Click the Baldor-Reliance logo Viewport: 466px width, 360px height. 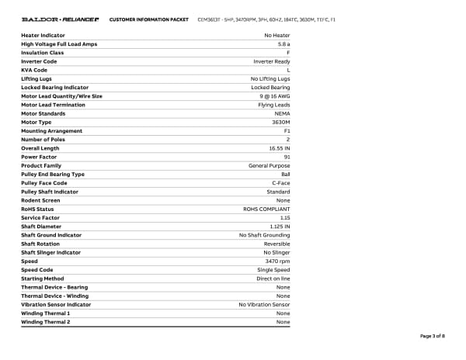point(58,19)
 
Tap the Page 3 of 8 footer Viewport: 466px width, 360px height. point(433,336)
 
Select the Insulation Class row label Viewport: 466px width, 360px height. point(42,53)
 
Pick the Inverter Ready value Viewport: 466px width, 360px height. point(272,61)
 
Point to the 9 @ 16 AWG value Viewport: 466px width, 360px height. point(274,96)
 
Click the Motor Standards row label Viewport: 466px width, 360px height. point(43,113)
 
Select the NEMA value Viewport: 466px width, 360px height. point(282,113)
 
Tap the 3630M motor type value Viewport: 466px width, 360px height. point(280,122)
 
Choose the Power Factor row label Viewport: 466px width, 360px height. point(39,157)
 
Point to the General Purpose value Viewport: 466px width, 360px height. point(269,165)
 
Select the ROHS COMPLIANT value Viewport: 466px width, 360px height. point(266,209)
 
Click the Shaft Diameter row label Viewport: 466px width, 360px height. point(41,227)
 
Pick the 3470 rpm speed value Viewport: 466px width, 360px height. point(277,261)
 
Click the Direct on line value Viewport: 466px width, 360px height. point(273,279)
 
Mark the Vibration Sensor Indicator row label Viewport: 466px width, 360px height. point(56,305)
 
